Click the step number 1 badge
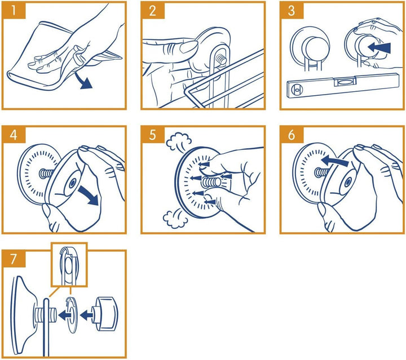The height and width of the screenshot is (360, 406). click(14, 10)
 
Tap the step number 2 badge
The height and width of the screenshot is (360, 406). click(153, 10)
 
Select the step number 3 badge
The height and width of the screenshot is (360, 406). click(292, 10)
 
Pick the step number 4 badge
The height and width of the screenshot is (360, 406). click(14, 135)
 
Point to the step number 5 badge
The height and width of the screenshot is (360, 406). click(153, 135)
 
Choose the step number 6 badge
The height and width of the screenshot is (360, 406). click(292, 135)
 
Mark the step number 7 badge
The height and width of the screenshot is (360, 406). click(14, 259)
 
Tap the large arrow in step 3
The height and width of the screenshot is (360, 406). click(379, 48)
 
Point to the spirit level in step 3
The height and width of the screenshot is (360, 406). click(343, 86)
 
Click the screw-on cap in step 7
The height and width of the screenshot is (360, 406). click(105, 314)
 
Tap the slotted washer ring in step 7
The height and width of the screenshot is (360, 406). click(72, 314)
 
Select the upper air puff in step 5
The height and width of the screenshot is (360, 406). click(179, 141)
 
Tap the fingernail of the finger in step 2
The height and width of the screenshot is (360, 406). click(188, 47)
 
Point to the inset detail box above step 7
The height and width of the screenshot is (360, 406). click(69, 265)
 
